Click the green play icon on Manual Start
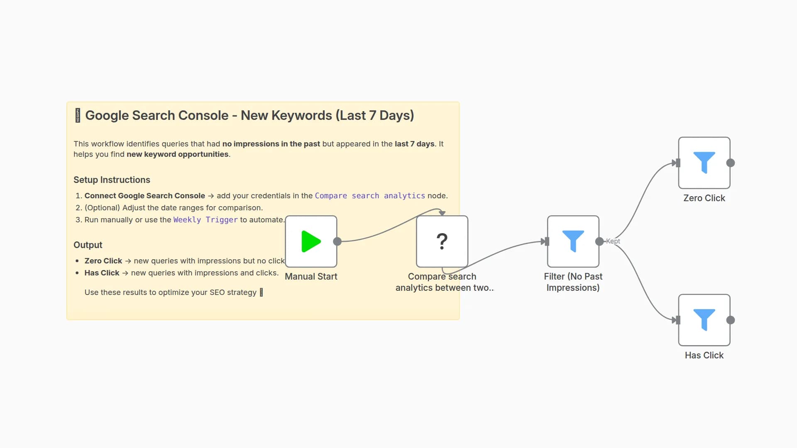pos(311,241)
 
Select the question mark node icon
pos(442,241)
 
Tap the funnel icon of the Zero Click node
pos(704,162)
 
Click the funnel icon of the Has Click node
pos(704,319)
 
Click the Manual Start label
pos(311,276)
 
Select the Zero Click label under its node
pos(704,198)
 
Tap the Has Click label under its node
pos(704,355)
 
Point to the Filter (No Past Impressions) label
pos(573,282)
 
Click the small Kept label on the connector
pos(613,241)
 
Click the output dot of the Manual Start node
pos(337,241)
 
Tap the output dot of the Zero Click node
pos(731,163)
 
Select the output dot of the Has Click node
pos(731,320)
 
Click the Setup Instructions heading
pos(112,180)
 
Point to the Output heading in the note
pos(88,245)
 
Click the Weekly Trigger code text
pos(205,219)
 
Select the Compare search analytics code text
pos(370,195)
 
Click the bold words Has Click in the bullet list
pos(102,273)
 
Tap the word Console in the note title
pos(205,115)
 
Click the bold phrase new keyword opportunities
pos(177,154)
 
